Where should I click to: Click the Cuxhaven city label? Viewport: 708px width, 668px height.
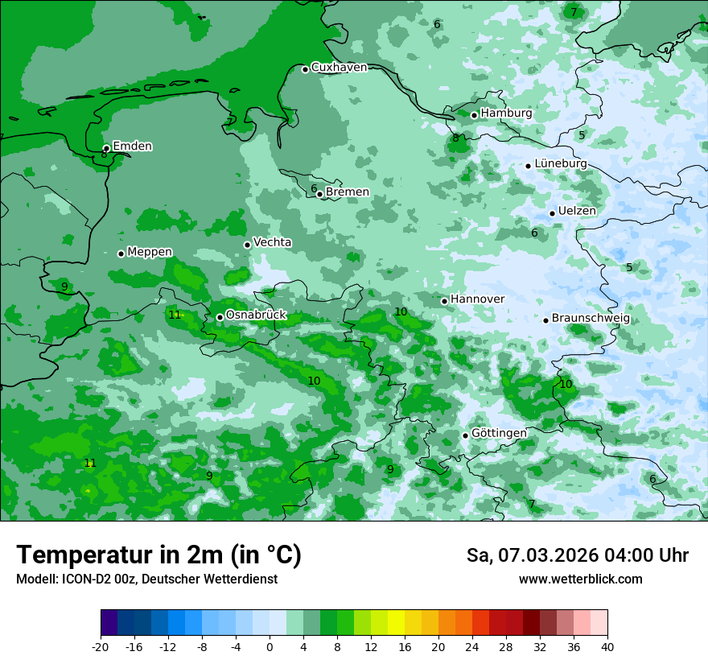tap(339, 68)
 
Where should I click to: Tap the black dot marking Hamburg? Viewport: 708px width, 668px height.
tap(475, 115)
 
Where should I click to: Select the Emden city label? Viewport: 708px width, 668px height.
tap(132, 146)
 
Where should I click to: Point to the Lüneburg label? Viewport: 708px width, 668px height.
tap(560, 163)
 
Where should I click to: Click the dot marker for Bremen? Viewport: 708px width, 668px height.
tap(319, 194)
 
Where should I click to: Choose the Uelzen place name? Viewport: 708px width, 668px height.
tap(577, 211)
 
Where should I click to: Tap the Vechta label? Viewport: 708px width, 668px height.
tap(272, 242)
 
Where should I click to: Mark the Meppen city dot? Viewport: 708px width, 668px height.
tap(121, 254)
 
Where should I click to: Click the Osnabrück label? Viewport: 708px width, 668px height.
tap(256, 315)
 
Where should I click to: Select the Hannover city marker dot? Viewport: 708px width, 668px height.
tap(444, 301)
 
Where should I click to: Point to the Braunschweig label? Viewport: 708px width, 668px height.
tap(591, 318)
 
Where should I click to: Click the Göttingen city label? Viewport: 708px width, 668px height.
tap(499, 433)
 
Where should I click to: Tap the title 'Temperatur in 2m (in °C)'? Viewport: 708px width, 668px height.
tap(158, 555)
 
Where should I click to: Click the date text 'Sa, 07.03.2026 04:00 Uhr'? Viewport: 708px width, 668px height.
tap(577, 555)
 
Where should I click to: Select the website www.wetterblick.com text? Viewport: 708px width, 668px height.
tap(580, 579)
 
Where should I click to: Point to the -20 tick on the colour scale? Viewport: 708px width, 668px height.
tap(101, 646)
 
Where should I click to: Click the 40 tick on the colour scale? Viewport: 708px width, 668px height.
tap(607, 646)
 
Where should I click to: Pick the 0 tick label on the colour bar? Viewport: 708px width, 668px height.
tap(270, 646)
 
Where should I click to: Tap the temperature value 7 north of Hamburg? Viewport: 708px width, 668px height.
tap(574, 12)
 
